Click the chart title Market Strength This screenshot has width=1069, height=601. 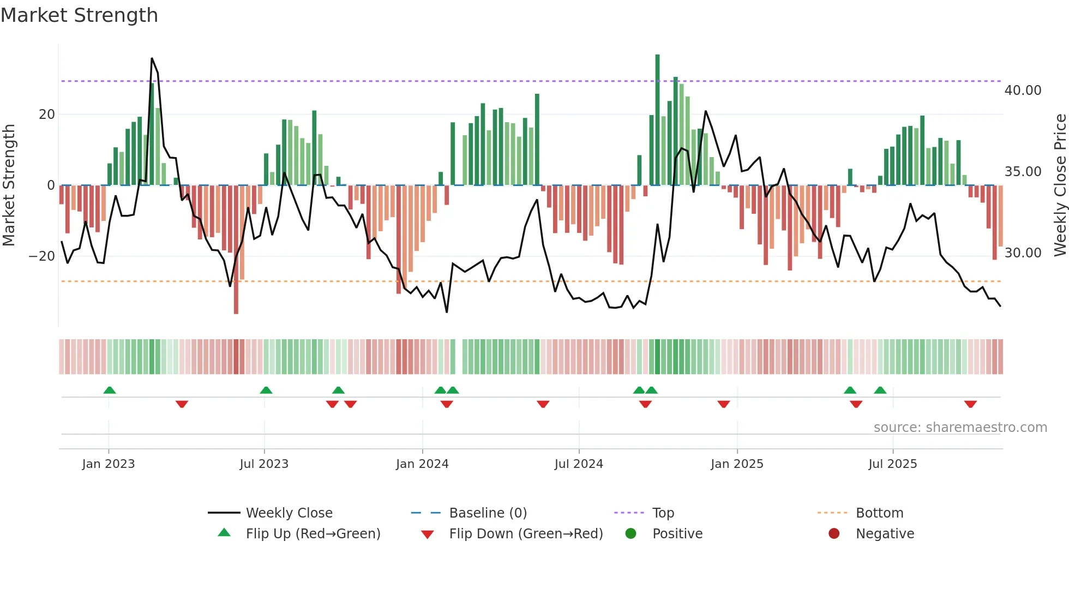point(79,15)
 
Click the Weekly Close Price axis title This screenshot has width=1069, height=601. point(1060,185)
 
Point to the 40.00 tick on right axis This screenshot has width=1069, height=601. point(1023,91)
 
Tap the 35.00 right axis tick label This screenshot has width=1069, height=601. point(1023,172)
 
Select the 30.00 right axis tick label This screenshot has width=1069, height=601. point(1023,253)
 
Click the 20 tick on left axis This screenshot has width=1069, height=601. point(47,115)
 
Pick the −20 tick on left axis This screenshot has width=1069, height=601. point(42,256)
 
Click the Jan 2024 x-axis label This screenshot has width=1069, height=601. point(422,464)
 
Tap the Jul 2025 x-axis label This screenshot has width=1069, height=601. point(892,464)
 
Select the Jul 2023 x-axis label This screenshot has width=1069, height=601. point(264,464)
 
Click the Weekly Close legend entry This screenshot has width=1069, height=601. point(289,513)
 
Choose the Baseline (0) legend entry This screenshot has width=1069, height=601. point(488,513)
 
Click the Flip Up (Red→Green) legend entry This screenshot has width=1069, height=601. point(313,534)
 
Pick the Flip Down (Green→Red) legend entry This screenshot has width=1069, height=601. point(526,534)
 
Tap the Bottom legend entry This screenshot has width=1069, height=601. point(879,513)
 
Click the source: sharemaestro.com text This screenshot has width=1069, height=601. point(960,428)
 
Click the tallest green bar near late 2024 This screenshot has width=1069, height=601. point(657,120)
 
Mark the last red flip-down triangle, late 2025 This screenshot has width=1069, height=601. point(970,404)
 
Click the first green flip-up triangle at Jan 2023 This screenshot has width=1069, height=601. point(110,390)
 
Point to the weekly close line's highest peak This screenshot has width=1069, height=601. point(152,58)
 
